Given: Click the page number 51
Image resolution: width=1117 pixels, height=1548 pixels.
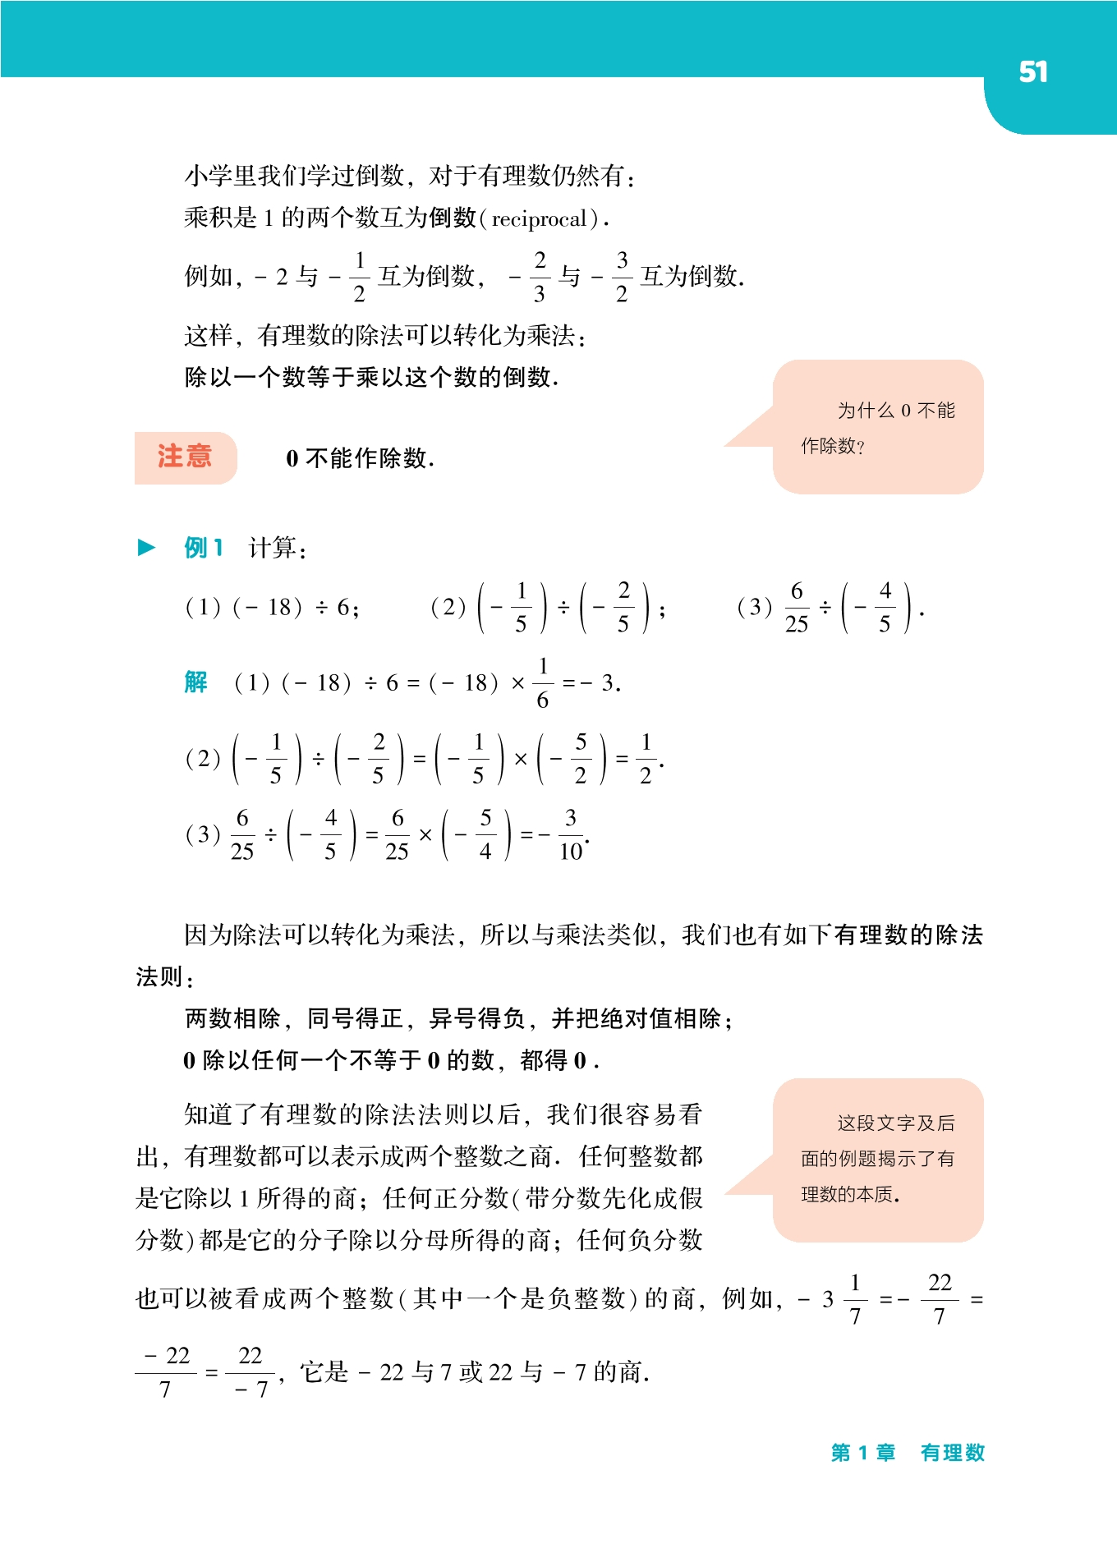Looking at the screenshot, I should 1032,72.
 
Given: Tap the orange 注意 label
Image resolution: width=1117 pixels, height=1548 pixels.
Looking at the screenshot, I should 185,457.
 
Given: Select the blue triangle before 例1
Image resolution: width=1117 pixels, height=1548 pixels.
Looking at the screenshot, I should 146,548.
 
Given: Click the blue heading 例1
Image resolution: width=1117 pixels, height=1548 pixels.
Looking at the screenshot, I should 204,548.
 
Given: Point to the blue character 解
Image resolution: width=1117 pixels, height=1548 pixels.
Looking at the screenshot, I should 195,682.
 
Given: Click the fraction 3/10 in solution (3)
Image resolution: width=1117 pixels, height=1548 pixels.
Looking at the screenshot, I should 571,834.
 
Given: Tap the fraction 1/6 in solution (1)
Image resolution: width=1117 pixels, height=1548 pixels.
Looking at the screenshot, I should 543,682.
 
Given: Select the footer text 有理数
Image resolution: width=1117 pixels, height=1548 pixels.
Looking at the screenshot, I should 952,1453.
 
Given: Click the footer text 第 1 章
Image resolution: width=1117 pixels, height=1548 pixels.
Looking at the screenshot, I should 862,1453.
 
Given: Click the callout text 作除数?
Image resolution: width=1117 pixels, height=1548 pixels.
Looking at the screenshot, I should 833,446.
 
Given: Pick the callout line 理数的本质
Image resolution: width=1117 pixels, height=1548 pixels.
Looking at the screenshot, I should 849,1194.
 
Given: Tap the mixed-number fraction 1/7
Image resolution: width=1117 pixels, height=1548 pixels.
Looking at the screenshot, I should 855,1299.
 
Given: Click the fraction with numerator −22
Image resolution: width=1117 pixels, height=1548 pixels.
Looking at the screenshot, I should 166,1372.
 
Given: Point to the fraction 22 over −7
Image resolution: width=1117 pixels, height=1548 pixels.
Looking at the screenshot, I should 251,1372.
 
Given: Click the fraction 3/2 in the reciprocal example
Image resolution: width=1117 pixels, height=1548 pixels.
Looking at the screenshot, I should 622,277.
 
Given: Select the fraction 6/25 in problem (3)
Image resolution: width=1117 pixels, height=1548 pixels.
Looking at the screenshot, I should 796,608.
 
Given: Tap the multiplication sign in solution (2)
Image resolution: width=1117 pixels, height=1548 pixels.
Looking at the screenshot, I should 520,760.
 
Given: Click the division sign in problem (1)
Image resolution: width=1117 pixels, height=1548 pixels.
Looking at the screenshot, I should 321,608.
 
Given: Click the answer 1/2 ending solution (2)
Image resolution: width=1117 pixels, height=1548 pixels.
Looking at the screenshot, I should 646,759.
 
